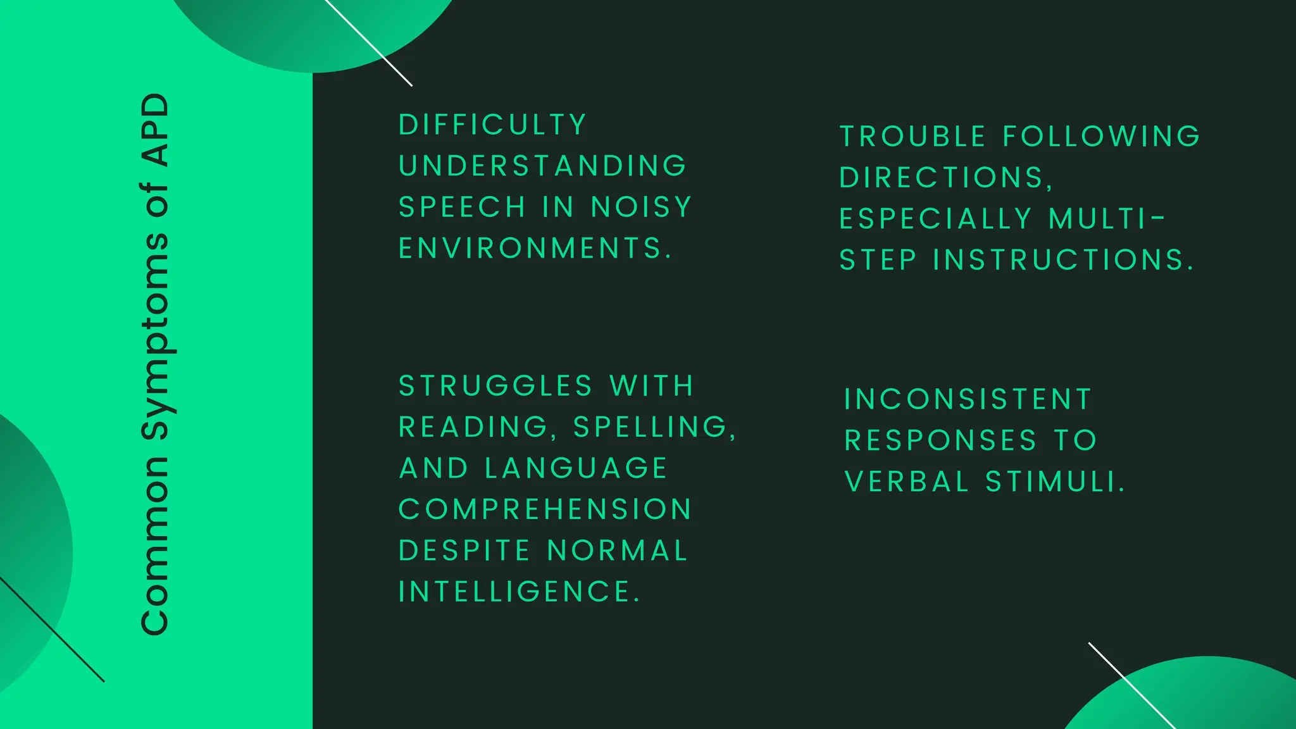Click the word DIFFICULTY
492,125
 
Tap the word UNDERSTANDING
542,166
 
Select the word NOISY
641,207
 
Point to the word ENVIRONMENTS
534,248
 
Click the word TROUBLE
913,137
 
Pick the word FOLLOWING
1102,137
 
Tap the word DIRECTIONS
945,178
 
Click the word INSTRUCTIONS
1063,260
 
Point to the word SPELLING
654,427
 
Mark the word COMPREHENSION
545,509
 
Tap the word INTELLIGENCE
519,592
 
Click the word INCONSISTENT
968,399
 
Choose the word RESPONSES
941,440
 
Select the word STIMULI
1056,482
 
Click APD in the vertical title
156,130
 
